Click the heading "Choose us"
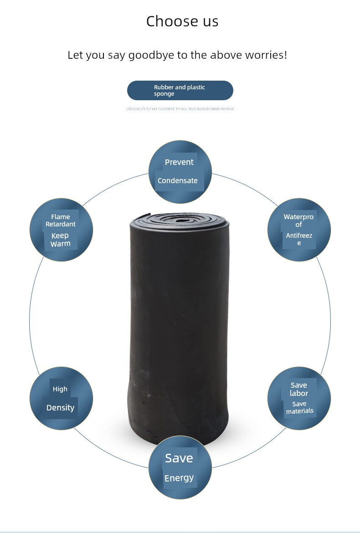[182, 21]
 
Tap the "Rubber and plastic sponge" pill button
[180, 90]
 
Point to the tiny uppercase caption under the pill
[180, 109]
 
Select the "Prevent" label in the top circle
[179, 162]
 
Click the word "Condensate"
[177, 180]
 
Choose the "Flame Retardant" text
[61, 220]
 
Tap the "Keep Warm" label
[61, 240]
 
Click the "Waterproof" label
[298, 220]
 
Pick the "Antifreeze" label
[299, 239]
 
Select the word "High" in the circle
[60, 389]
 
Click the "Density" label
[60, 408]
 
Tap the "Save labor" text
[299, 389]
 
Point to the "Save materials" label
[299, 407]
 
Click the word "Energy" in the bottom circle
[179, 478]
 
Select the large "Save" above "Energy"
[179, 458]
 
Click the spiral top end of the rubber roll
[180, 219]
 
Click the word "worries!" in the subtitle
[266, 55]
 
